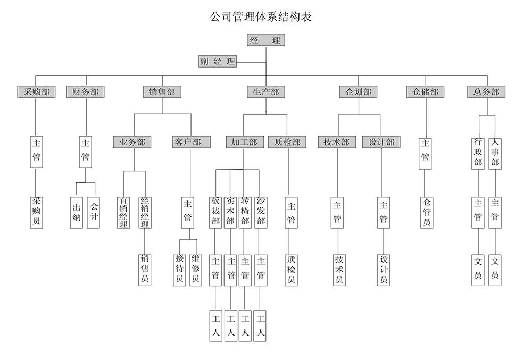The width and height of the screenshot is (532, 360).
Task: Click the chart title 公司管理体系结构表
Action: (x=261, y=16)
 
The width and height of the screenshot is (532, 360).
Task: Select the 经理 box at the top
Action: (x=265, y=40)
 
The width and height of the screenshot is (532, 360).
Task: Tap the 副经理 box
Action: (x=217, y=61)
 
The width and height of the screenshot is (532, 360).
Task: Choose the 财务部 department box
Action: (x=86, y=92)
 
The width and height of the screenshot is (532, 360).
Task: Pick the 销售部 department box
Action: (x=162, y=92)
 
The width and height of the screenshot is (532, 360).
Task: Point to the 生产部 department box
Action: (x=265, y=92)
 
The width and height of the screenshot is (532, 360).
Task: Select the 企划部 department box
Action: (x=358, y=92)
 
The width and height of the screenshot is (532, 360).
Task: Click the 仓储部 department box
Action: (x=425, y=92)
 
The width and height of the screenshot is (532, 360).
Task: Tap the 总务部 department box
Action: (x=486, y=92)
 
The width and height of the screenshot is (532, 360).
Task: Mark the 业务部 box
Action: (x=132, y=142)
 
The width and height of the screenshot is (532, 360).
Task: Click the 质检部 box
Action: (x=288, y=142)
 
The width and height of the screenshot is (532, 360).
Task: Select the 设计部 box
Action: (x=381, y=142)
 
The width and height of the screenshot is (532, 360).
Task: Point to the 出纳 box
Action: (x=76, y=213)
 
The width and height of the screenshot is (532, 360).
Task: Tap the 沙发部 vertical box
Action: (x=261, y=212)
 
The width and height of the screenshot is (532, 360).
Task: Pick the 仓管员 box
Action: (x=426, y=212)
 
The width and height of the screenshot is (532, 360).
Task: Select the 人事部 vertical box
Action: (x=495, y=153)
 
